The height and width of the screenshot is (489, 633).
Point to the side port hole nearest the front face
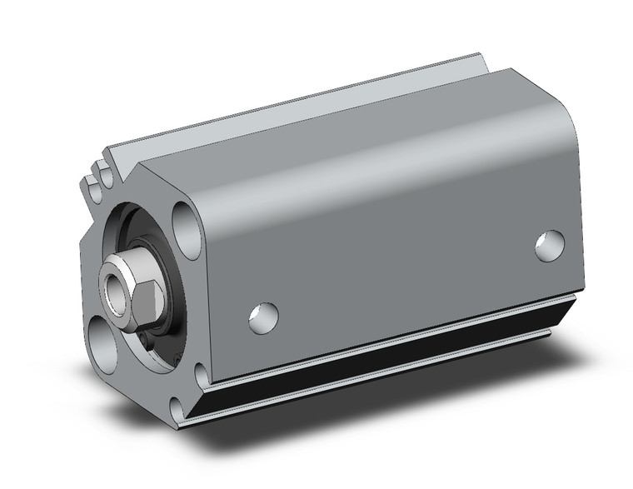pos(264,316)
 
